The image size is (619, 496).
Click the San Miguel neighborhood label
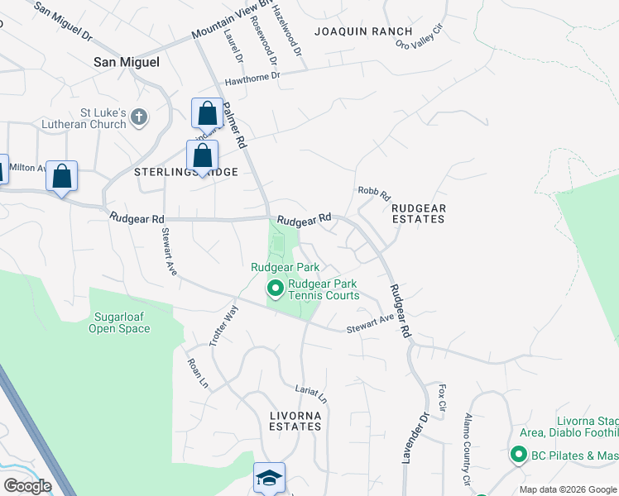point(127,62)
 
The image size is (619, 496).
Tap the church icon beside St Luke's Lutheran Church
point(139,117)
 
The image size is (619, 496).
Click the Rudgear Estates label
point(418,213)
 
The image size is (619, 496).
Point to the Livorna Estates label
point(295,420)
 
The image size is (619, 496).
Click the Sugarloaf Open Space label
point(120,322)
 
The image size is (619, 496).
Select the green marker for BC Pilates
point(519,455)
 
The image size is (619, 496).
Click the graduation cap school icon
point(269,477)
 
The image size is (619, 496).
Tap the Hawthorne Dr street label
point(253,78)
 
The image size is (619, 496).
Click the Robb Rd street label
point(374,193)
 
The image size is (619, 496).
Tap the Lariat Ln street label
point(312,393)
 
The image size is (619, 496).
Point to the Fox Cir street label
point(443,398)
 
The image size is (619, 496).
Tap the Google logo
point(27,486)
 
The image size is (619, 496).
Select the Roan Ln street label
point(196,373)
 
